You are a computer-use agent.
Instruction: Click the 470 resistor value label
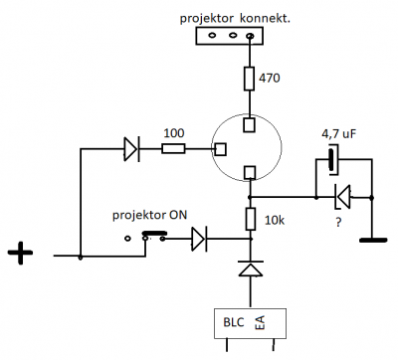[270, 79]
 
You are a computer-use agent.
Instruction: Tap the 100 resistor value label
[174, 133]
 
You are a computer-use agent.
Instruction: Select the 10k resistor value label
[275, 220]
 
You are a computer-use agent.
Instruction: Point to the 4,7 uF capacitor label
[339, 134]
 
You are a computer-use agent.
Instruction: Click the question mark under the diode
[338, 222]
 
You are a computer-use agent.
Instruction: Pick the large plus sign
[20, 253]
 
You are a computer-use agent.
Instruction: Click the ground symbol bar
[373, 240]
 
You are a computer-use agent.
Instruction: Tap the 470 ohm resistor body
[249, 79]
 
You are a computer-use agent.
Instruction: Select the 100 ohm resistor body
[173, 149]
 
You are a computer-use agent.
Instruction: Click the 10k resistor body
[251, 219]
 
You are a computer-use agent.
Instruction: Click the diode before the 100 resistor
[131, 149]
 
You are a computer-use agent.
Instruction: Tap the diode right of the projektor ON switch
[199, 239]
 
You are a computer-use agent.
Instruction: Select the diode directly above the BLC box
[251, 269]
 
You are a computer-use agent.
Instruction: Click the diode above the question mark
[343, 197]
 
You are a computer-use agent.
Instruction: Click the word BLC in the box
[234, 322]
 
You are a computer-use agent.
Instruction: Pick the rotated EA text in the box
[260, 323]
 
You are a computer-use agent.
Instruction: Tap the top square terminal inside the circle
[249, 124]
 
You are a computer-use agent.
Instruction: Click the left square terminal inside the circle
[221, 149]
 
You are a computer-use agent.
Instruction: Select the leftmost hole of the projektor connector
[212, 35]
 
